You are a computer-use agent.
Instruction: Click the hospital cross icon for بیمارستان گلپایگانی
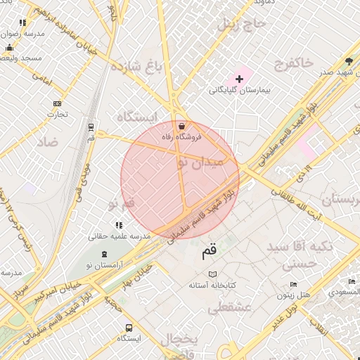[x=238, y=79]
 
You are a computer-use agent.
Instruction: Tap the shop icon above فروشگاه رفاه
[x=182, y=127]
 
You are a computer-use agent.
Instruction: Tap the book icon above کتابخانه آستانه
[x=212, y=274]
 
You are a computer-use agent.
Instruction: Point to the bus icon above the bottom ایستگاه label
[x=129, y=328]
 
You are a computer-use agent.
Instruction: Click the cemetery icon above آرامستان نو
[x=105, y=254]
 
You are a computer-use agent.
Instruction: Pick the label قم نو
[x=121, y=204]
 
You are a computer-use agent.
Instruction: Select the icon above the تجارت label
[x=57, y=104]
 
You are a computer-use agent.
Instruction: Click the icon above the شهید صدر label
[x=349, y=61]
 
